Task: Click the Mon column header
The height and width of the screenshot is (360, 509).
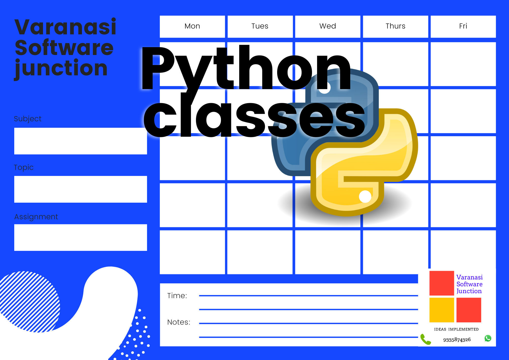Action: (x=192, y=26)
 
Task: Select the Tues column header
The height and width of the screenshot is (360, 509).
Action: (x=260, y=26)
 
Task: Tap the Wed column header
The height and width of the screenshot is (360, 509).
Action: (x=328, y=26)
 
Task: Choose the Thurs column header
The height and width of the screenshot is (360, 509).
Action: (x=395, y=26)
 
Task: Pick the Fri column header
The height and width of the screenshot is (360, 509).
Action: (x=463, y=26)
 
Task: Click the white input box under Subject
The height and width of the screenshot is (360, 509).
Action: (x=81, y=141)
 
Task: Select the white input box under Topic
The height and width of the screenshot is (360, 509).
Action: (x=81, y=189)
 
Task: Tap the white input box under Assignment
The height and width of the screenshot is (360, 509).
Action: (x=81, y=238)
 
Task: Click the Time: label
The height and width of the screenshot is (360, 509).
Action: (x=177, y=296)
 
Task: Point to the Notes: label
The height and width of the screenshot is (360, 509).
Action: (x=179, y=322)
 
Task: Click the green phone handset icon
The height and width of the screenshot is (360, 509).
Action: (x=426, y=339)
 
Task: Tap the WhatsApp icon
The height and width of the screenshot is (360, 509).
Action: (x=488, y=338)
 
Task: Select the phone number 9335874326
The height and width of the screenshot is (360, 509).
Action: (x=457, y=340)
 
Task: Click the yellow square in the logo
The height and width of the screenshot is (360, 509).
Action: (x=442, y=310)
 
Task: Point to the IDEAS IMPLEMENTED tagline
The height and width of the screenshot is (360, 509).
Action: (x=456, y=329)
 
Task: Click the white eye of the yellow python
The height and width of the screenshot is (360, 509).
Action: (x=365, y=197)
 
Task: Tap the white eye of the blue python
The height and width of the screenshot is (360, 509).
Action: (x=324, y=88)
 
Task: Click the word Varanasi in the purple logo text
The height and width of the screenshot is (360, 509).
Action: (x=470, y=277)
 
